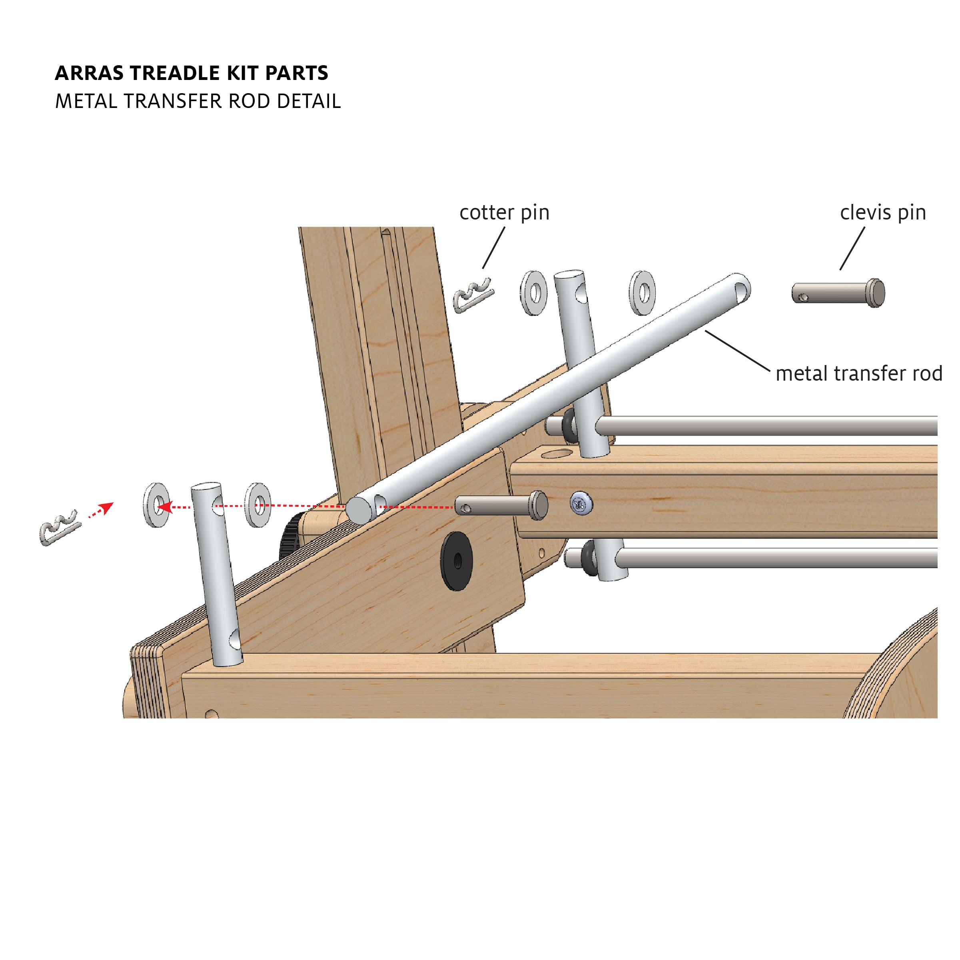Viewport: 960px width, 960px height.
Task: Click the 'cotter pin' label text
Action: point(504,213)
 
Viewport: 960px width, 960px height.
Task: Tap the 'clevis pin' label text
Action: point(882,213)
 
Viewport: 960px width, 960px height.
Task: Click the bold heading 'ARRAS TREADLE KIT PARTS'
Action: point(191,73)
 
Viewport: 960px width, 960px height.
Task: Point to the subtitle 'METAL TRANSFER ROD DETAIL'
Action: point(198,102)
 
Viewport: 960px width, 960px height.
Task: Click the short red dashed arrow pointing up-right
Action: point(100,510)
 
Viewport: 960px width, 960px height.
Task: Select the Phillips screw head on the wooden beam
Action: point(581,504)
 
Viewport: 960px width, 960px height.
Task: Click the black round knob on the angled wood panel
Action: point(457,561)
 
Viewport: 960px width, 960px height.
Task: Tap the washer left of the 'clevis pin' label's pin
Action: point(642,293)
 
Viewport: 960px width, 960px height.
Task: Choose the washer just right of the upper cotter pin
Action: point(534,293)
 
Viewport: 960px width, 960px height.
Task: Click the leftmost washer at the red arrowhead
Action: point(156,505)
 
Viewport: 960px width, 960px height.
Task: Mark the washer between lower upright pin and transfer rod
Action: point(258,505)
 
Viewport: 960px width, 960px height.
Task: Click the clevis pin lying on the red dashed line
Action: point(501,506)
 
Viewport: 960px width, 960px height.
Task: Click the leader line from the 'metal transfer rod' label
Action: point(737,351)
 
